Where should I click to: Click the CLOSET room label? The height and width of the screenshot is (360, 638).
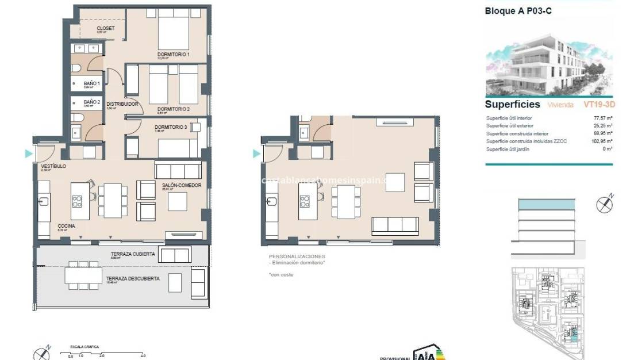click(x=105, y=28)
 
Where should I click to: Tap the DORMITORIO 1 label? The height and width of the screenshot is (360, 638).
click(x=173, y=55)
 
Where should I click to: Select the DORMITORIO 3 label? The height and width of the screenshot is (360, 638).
click(x=171, y=127)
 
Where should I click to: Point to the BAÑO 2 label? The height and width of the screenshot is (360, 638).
click(x=92, y=102)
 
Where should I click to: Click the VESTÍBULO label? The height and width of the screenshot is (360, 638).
click(x=53, y=166)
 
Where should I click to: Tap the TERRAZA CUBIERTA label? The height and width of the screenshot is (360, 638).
click(x=133, y=254)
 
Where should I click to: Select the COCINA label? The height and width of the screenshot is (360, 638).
click(x=66, y=226)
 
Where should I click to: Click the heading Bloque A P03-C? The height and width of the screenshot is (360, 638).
click(x=515, y=10)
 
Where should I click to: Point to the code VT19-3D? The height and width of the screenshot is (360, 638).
click(x=599, y=105)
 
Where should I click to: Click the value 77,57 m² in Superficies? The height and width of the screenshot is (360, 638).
click(x=602, y=118)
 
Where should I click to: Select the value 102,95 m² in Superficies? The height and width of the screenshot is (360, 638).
click(x=601, y=141)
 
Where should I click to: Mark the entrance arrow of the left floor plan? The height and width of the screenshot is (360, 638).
click(x=28, y=154)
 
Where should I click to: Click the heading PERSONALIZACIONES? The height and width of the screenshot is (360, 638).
click(x=297, y=256)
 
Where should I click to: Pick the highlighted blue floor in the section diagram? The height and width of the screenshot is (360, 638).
click(x=546, y=204)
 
